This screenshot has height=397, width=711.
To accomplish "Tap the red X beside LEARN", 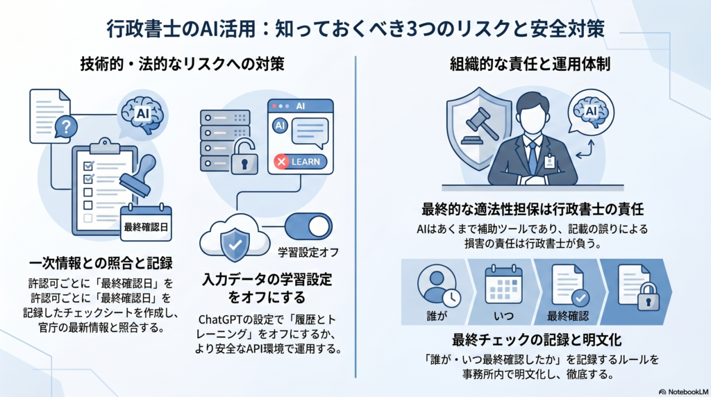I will (x=282, y=162).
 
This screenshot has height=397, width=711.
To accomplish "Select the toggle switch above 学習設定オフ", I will (x=309, y=227).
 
